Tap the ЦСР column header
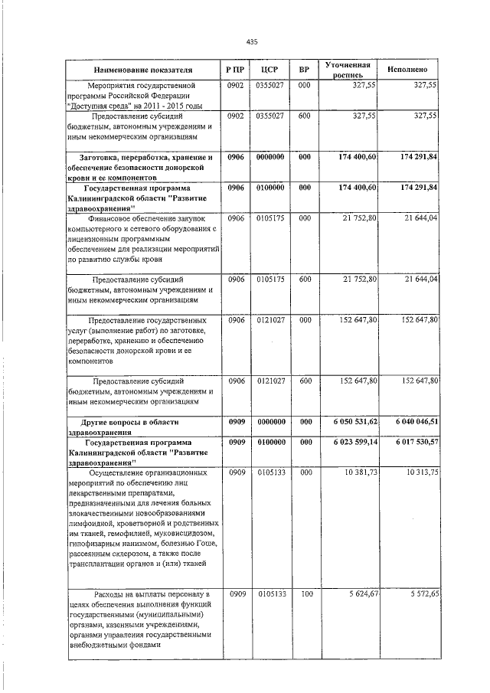coord(269,70)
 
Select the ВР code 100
coord(305,594)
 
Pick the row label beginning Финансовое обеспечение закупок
coord(145,218)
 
